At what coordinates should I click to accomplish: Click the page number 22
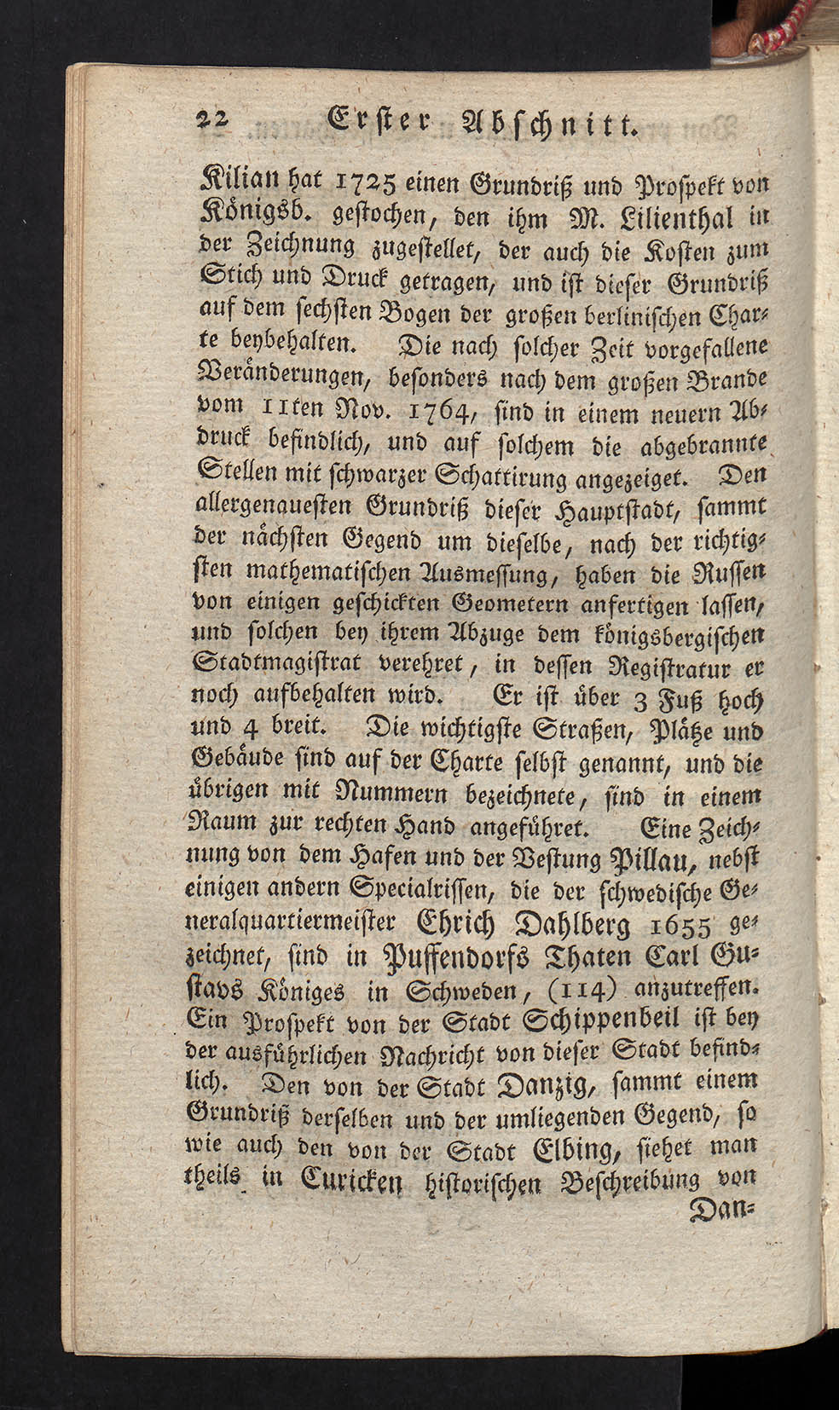209,121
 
